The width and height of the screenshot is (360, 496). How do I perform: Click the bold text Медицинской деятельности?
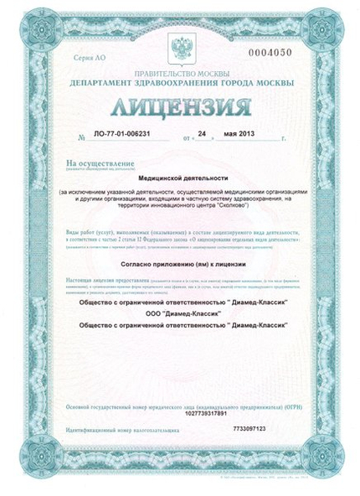tap(179, 178)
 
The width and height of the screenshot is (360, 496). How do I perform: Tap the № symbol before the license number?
tap(81, 135)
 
